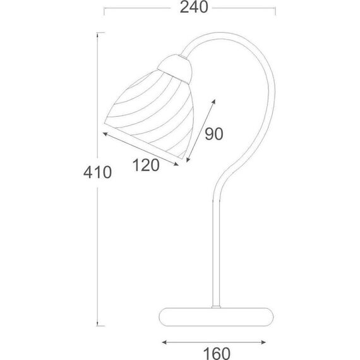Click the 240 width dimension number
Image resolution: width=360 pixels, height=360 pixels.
click(x=194, y=8)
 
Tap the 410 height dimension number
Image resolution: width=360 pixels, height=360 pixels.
click(x=97, y=172)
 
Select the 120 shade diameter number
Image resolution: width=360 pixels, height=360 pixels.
click(x=146, y=165)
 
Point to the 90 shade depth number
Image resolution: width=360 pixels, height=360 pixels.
click(x=213, y=134)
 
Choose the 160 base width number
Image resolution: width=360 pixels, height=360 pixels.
click(x=217, y=353)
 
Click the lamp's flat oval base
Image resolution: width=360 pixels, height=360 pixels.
click(x=216, y=317)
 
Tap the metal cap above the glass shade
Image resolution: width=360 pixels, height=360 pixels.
click(x=176, y=68)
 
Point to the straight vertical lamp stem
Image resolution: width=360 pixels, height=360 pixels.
click(x=216, y=253)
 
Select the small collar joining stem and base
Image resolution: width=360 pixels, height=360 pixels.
click(x=216, y=307)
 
